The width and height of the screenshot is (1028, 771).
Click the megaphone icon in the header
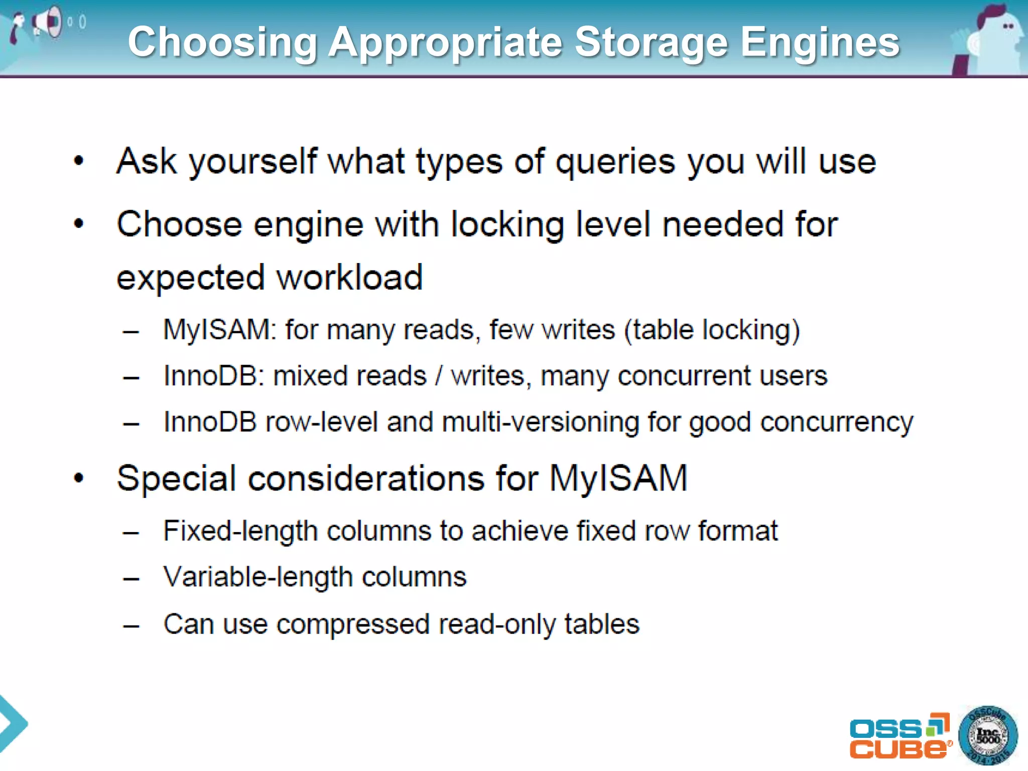click(x=48, y=22)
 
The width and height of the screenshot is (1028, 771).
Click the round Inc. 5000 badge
click(x=988, y=736)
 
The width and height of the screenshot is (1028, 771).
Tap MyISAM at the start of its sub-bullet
click(x=217, y=330)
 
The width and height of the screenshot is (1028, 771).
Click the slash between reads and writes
click(x=439, y=376)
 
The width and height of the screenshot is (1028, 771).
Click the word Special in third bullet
click(x=176, y=478)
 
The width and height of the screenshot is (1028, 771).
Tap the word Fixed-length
click(x=240, y=531)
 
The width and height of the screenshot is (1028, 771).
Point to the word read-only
click(x=496, y=624)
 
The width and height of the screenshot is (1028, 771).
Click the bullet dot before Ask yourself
click(x=79, y=161)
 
